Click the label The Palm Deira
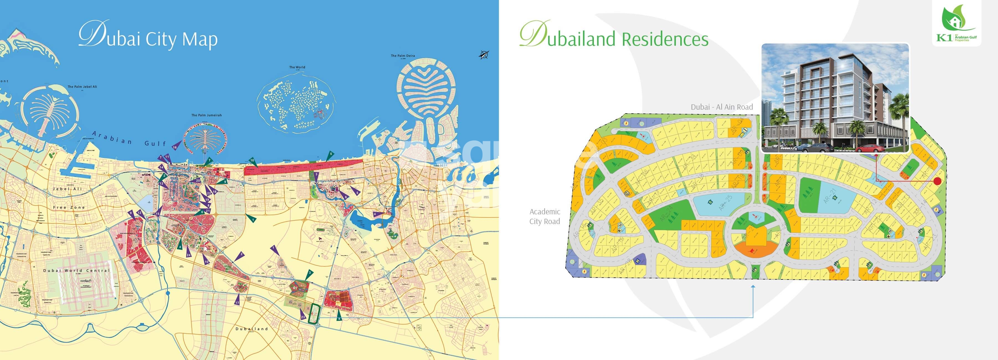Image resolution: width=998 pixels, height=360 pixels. tap(402, 56)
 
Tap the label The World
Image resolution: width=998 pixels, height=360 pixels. tap(297, 67)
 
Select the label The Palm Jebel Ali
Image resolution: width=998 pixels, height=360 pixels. tap(82, 87)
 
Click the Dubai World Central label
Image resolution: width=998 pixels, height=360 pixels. tap(76, 271)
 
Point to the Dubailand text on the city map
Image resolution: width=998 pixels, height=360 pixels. tap(252, 329)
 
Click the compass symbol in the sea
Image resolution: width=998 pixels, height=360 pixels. tap(484, 55)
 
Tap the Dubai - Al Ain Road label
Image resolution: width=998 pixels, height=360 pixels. tap(721, 107)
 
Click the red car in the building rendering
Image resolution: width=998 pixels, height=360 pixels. tap(870, 148)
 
